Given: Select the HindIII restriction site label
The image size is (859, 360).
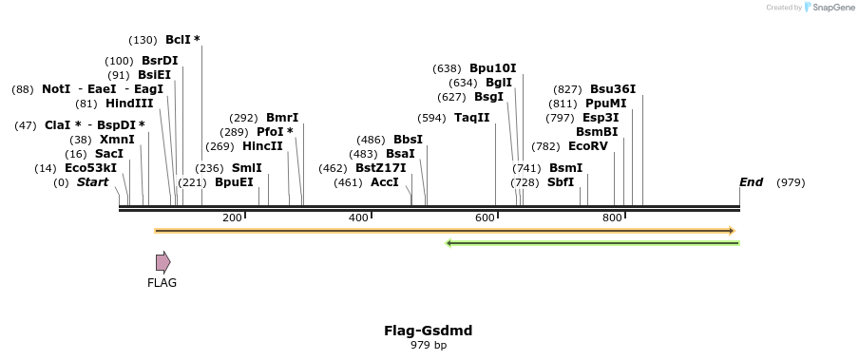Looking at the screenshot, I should click(129, 104).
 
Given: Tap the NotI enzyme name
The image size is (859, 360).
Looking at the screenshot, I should click(56, 89).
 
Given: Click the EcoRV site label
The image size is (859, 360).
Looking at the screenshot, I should click(587, 146).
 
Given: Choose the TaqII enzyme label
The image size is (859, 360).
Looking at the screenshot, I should click(471, 118).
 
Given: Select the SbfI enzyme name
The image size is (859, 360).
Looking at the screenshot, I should click(561, 182).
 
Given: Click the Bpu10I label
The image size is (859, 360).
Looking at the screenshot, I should click(492, 68).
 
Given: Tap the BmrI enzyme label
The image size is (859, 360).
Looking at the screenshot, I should click(282, 118).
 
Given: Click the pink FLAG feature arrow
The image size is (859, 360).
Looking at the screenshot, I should click(163, 262).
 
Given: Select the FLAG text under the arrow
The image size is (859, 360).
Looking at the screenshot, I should click(162, 282).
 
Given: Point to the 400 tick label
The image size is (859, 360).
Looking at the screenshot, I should click(358, 218).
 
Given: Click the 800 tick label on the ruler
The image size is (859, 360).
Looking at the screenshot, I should click(612, 218).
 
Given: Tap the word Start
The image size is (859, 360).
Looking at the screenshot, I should click(93, 182).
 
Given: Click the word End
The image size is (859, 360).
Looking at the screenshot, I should click(751, 182).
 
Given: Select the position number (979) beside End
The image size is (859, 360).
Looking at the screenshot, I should click(791, 182).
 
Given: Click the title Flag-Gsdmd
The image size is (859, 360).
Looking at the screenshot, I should click(428, 331).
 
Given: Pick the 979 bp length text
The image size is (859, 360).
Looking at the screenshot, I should click(429, 346).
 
